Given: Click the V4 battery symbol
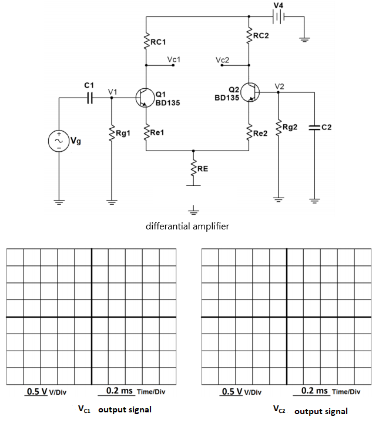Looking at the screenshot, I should [x=279, y=16].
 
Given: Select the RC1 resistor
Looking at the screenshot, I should [x=146, y=42].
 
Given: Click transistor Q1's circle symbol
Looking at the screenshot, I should [x=145, y=97].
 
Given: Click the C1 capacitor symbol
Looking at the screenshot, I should [x=90, y=97].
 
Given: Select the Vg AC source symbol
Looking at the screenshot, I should [x=59, y=141].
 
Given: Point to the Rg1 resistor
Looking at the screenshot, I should [x=112, y=134].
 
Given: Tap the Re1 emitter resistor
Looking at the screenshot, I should [x=146, y=133].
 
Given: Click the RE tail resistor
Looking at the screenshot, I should [x=193, y=169].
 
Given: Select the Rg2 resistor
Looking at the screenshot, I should [x=278, y=128].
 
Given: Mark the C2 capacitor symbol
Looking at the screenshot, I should [x=314, y=127].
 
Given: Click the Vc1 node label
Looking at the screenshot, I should [x=174, y=60].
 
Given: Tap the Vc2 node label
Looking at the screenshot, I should [x=222, y=60].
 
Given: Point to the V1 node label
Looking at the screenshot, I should [x=113, y=91].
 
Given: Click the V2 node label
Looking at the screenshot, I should [x=280, y=86].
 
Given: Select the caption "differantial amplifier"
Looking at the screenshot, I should [x=187, y=226].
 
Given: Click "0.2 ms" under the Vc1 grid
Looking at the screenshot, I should [x=119, y=391].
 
